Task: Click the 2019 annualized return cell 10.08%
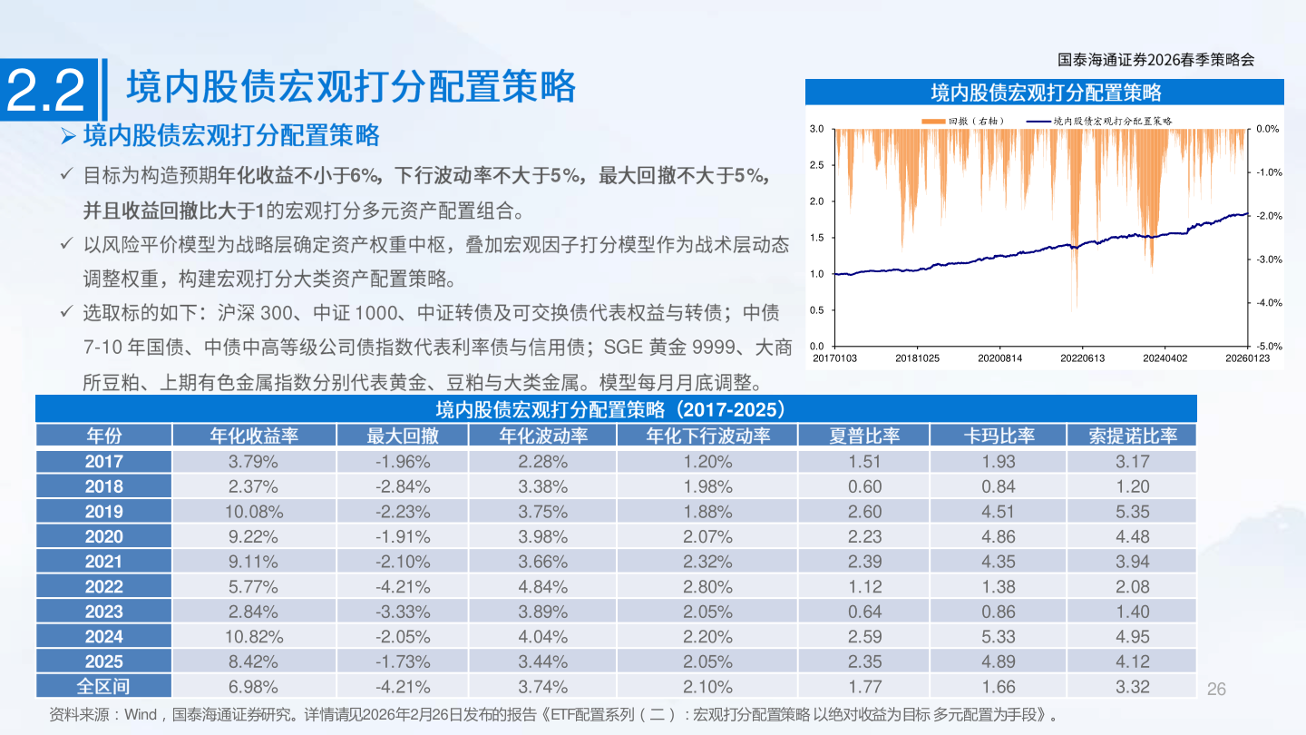[254, 512]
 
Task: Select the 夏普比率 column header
[864, 436]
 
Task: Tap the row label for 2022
[104, 587]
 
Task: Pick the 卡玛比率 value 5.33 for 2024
[999, 637]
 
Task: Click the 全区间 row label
[104, 687]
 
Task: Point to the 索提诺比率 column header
[1133, 436]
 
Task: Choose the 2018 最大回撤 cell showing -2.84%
[403, 487]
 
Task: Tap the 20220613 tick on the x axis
[1083, 358]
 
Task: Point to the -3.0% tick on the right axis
[1269, 260]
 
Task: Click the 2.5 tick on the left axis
[816, 165]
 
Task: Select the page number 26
[1216, 689]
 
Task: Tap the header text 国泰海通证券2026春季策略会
[1155, 60]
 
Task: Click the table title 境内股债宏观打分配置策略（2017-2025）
[616, 408]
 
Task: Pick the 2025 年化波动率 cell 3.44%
[542, 661]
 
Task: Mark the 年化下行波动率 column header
[707, 436]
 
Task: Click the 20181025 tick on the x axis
[917, 358]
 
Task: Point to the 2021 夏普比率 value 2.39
[864, 562]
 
